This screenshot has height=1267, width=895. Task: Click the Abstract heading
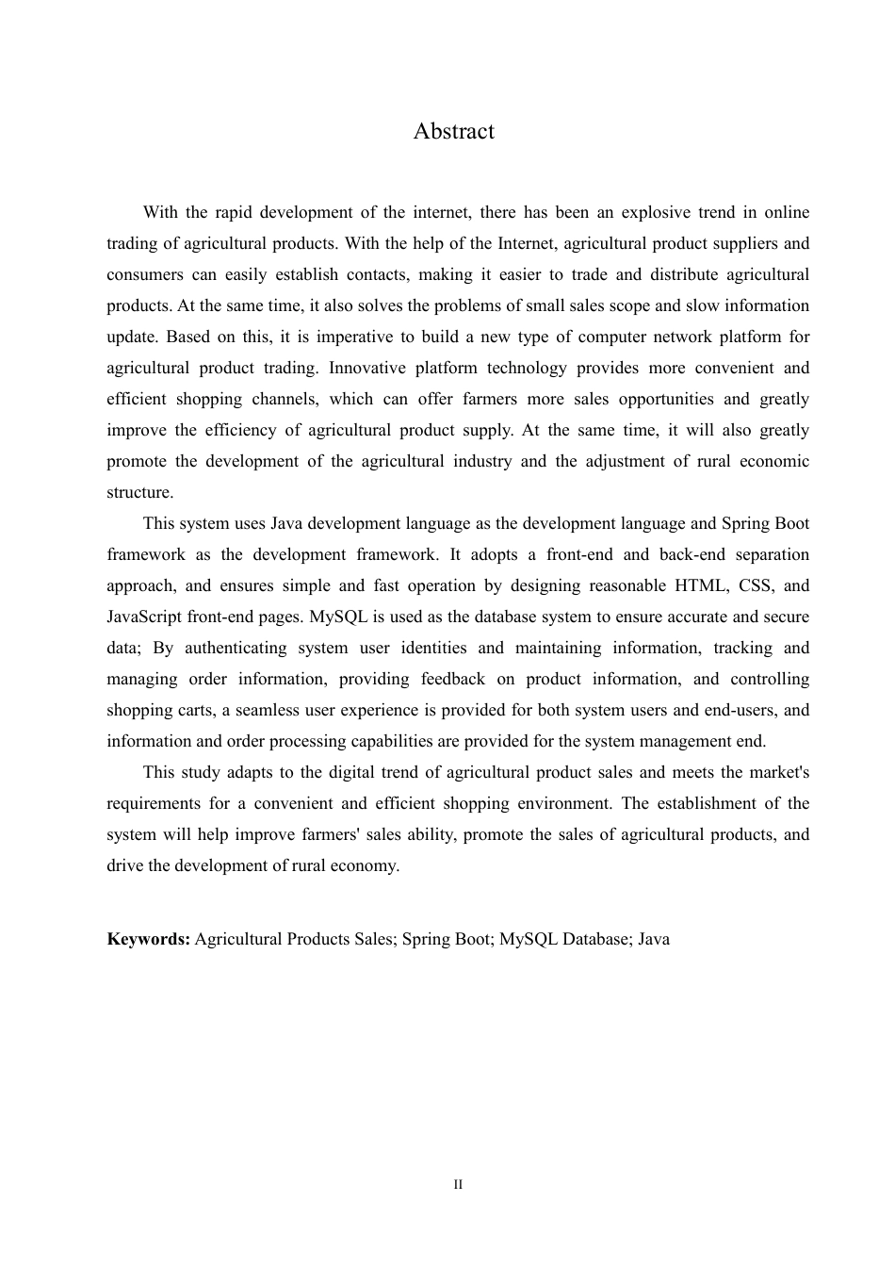[453, 131]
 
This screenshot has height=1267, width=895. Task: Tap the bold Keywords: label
[149, 939]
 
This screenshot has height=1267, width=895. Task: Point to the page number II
[458, 1184]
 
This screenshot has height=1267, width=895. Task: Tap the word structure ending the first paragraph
[138, 492]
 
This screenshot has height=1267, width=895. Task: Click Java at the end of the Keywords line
[654, 939]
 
